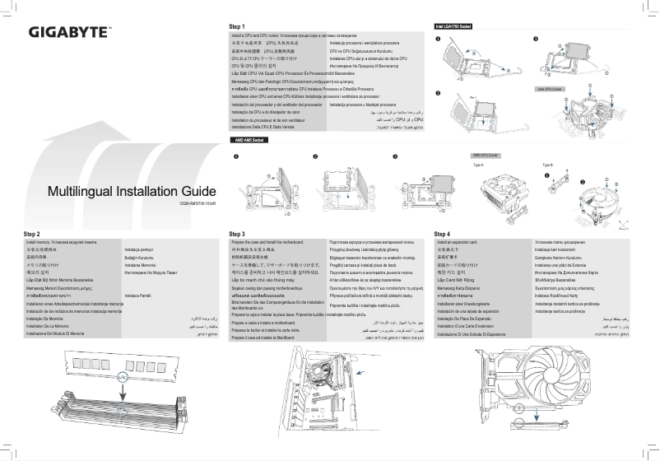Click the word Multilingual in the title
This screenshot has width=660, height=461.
coord(88,192)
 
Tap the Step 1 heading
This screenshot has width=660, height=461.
coord(237,26)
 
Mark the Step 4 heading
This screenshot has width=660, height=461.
coord(442,235)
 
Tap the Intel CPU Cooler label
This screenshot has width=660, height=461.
coord(549,88)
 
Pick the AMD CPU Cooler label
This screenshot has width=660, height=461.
coord(486,155)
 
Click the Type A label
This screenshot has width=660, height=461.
coord(478,165)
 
